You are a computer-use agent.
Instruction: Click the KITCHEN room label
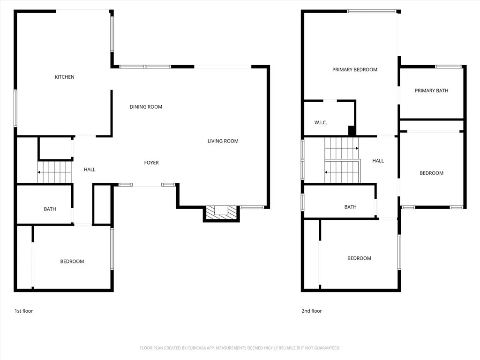65,77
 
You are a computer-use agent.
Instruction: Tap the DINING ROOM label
146,107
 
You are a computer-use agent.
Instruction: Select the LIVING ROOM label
223,141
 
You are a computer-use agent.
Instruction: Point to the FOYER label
151,163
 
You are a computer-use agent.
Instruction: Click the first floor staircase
55,172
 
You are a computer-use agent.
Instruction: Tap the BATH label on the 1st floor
50,209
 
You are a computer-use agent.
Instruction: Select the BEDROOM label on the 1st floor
72,262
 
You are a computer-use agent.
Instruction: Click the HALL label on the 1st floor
90,169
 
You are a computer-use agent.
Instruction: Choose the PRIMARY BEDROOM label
355,70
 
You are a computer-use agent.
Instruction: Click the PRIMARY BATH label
431,91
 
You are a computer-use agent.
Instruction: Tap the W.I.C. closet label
321,123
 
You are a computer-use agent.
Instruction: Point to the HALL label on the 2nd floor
378,161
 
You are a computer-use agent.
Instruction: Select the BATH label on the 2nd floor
350,207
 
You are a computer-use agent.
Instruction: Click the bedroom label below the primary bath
431,173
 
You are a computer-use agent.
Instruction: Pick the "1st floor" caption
23,311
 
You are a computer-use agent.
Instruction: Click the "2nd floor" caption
312,311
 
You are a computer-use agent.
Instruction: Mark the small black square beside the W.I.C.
351,130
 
